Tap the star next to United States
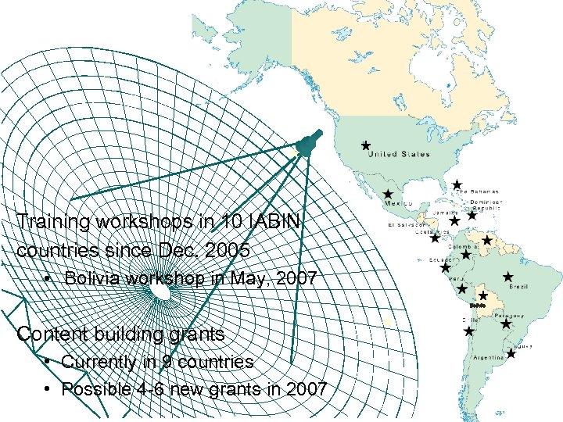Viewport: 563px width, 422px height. click(365, 145)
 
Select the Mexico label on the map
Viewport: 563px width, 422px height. click(397, 203)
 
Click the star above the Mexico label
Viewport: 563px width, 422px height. click(387, 193)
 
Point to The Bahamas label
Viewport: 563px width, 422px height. click(479, 191)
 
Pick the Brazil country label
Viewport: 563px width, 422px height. click(518, 288)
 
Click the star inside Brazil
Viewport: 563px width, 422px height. click(507, 276)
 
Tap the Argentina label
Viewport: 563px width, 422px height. click(489, 358)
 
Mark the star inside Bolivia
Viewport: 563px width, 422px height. click(483, 295)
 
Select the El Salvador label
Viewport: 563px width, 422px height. click(406, 225)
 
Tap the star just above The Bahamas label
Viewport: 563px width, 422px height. click(457, 184)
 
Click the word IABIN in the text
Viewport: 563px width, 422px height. click(281, 222)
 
